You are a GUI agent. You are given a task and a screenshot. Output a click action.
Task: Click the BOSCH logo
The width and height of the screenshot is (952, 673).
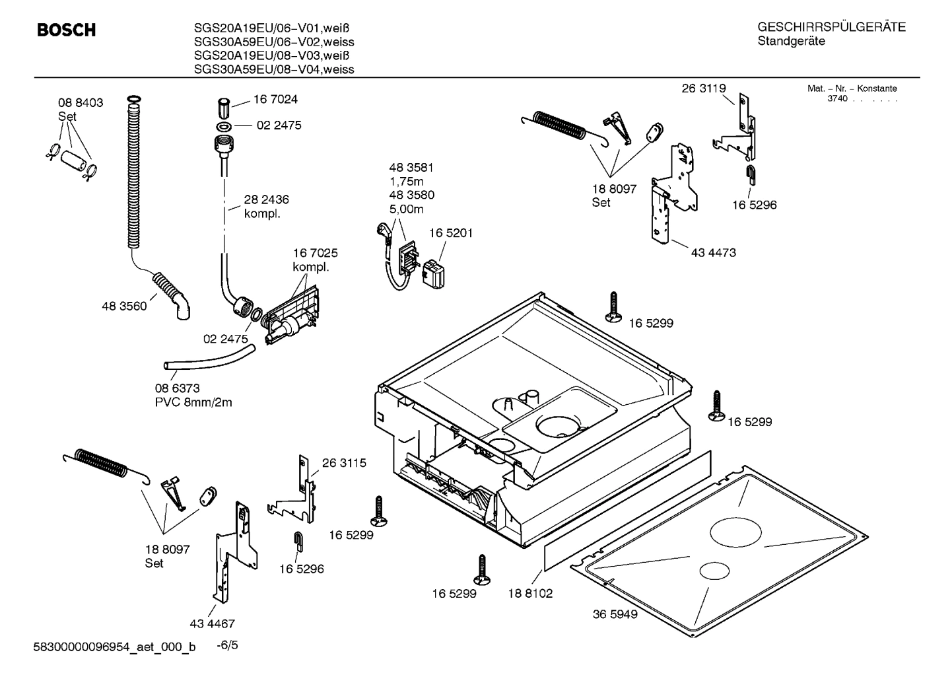(x=66, y=30)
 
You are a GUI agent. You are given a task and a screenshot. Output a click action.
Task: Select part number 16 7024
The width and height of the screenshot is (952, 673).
(x=275, y=100)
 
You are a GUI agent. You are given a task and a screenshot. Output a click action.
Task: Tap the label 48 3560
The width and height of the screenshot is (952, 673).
(x=124, y=306)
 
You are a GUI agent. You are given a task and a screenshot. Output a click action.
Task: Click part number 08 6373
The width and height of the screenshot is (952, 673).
(x=177, y=388)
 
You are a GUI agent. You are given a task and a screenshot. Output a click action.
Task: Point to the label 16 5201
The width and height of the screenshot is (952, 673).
(x=451, y=233)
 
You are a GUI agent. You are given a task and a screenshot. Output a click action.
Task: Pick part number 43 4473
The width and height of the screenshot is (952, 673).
(x=713, y=252)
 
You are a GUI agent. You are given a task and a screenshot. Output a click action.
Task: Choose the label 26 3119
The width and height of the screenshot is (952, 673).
(x=704, y=89)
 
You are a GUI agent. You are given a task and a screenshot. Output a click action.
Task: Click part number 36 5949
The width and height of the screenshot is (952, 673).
(x=615, y=614)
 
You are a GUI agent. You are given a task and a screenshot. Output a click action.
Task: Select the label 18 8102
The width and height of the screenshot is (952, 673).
(x=530, y=593)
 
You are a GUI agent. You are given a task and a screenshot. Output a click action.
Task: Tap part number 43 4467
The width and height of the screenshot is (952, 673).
(x=212, y=623)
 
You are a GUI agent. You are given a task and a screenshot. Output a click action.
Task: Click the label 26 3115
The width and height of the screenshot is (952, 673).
(x=344, y=463)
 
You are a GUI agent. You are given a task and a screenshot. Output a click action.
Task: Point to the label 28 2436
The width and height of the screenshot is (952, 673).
(x=266, y=199)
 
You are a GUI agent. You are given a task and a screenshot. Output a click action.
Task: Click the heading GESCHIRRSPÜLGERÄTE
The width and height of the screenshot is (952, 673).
(x=831, y=27)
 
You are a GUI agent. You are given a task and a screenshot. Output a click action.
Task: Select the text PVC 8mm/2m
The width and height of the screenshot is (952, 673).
(x=193, y=402)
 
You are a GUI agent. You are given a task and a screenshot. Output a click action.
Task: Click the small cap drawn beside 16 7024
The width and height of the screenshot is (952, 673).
(x=223, y=106)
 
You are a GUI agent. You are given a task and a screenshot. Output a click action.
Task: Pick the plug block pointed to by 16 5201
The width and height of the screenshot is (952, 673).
(x=432, y=274)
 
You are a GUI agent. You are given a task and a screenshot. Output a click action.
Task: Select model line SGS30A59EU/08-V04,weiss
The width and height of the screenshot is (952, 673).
(x=274, y=69)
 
